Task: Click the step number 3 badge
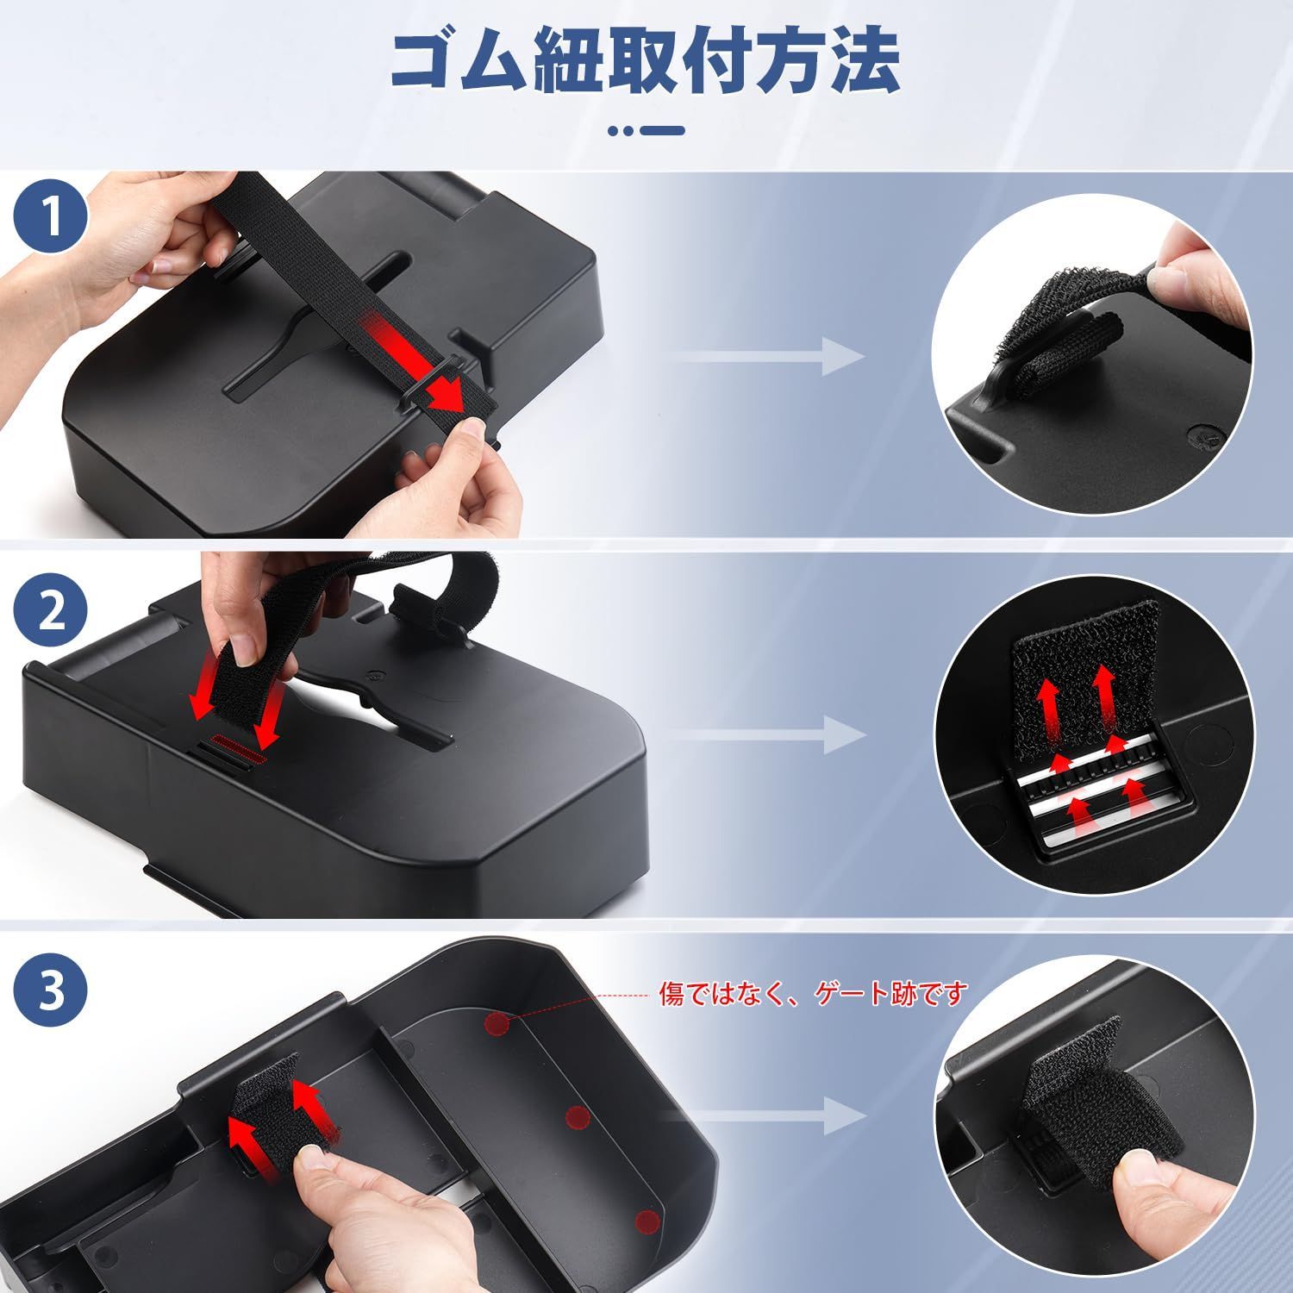pos(53,991)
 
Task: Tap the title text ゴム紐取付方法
pos(646,62)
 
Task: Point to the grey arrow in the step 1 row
pos(766,356)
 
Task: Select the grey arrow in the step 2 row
pos(766,735)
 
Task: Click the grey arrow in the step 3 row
pos(766,1116)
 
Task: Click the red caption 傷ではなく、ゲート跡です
pos(814,993)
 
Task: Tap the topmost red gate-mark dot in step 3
pos(497,1023)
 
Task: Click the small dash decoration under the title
pos(646,131)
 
